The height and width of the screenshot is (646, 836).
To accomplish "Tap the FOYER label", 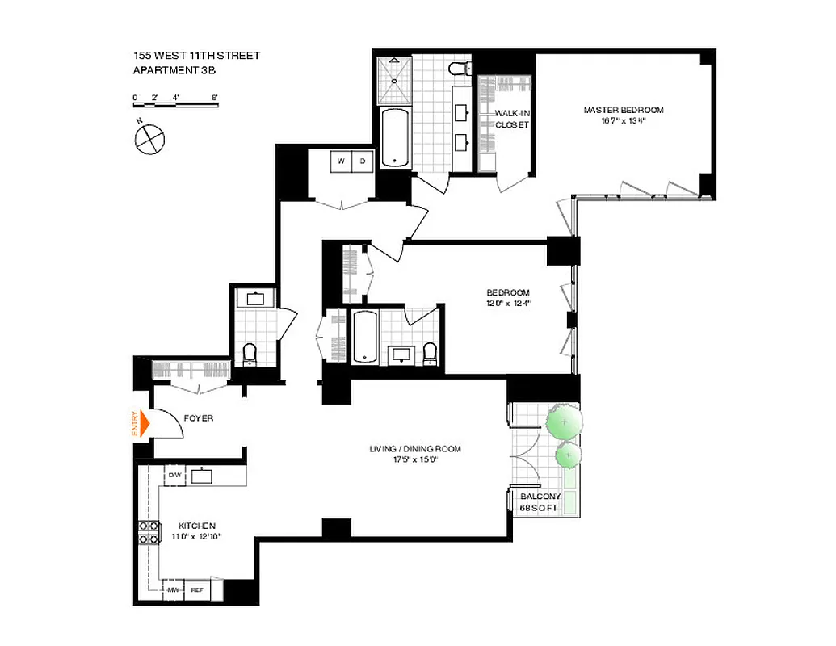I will click(198, 418).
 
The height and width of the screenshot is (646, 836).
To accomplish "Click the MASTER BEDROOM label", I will click(624, 110).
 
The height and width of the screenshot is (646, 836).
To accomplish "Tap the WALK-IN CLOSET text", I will click(512, 120).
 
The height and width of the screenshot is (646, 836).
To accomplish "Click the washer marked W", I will click(341, 161).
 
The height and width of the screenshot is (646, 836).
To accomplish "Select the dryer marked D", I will click(363, 161).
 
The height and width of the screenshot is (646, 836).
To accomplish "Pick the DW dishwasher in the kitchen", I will click(174, 475).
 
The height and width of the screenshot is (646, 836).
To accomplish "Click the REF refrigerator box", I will click(197, 590).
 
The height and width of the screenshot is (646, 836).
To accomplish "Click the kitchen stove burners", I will click(149, 533).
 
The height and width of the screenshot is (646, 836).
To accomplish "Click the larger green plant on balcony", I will click(563, 422).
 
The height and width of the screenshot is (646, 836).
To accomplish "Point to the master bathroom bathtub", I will click(395, 137).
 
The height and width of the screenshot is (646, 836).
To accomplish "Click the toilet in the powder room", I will click(250, 352).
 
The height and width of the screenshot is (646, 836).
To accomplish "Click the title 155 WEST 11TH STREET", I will click(197, 56).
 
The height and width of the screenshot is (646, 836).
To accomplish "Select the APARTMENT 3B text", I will click(174, 70).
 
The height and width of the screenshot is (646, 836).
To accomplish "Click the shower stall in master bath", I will click(395, 78).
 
